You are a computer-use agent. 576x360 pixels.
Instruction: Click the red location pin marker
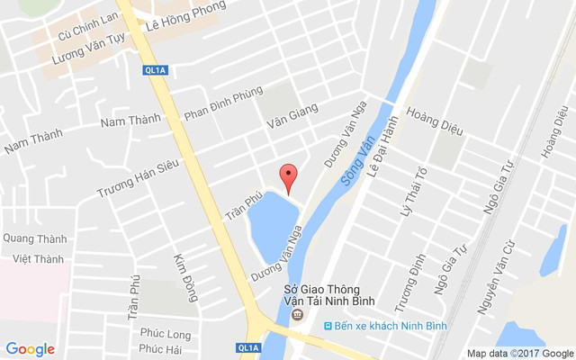pos(287,177)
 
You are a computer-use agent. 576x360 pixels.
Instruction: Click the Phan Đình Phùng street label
pos(223,103)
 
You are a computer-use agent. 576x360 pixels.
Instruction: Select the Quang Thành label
pos(34,238)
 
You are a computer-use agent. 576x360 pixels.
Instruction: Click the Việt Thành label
pos(39,259)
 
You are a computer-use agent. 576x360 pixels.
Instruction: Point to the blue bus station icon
pos(328,325)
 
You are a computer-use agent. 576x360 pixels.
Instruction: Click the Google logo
pos(30,349)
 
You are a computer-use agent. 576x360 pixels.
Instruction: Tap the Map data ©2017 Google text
pos(519,353)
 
